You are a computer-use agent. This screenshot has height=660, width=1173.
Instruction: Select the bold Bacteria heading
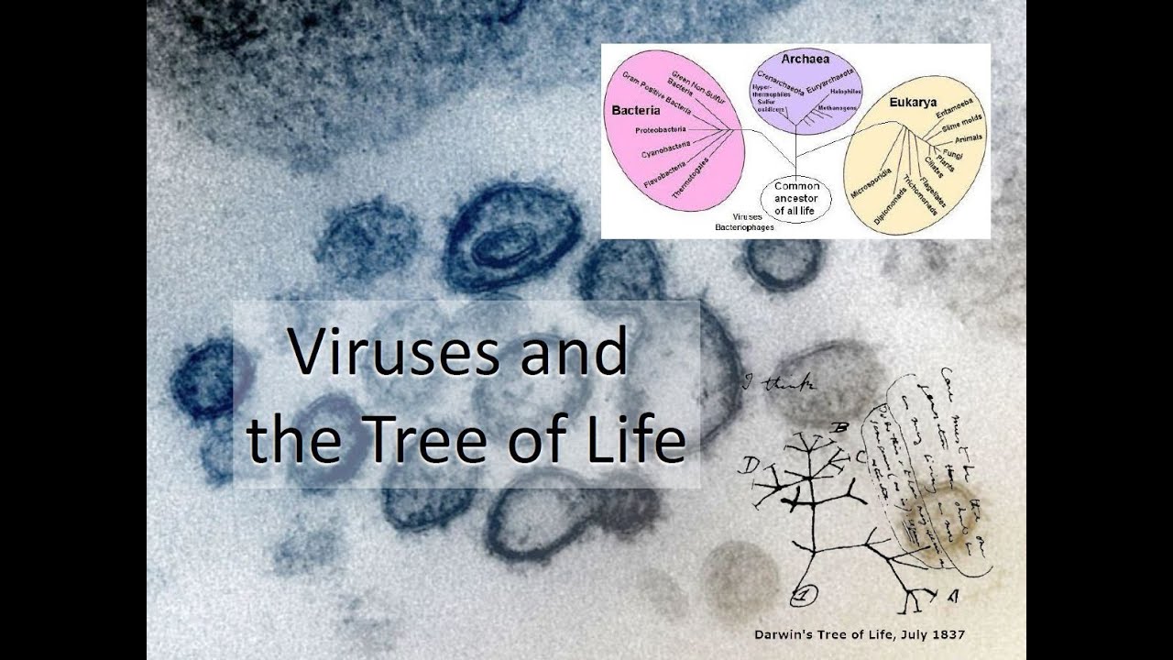[x=635, y=110]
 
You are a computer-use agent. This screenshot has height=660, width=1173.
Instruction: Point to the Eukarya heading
[x=913, y=103]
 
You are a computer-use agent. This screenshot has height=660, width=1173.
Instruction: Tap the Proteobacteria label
[x=660, y=130]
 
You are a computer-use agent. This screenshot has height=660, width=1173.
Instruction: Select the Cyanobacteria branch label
[x=666, y=151]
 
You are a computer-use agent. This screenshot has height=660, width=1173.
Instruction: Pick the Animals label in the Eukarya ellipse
[x=969, y=138]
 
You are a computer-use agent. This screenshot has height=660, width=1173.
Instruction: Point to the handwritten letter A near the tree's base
[x=953, y=597]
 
